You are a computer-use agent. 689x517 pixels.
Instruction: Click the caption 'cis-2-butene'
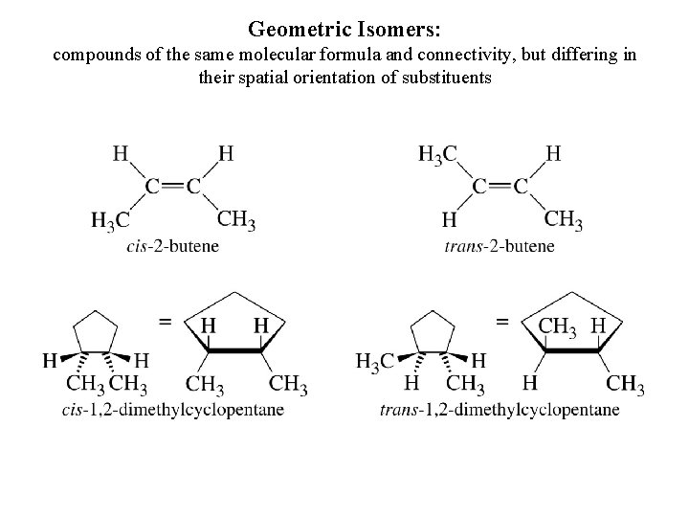[x=172, y=246]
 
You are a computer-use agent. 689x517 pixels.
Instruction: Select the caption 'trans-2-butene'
[x=500, y=246]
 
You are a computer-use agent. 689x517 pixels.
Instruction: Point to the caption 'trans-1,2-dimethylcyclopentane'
[x=499, y=410]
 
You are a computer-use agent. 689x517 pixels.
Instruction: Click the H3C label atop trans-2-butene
[x=438, y=152]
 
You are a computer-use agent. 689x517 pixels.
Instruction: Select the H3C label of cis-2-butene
[x=110, y=221]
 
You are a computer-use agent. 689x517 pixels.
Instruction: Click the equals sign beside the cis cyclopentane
[x=166, y=323]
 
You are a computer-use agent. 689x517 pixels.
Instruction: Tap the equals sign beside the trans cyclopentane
[x=501, y=323]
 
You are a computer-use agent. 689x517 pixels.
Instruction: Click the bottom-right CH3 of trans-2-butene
[x=564, y=219]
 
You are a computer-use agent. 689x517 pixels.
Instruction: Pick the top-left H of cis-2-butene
[x=122, y=152]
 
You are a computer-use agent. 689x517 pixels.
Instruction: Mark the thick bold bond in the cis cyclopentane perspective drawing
[x=233, y=351]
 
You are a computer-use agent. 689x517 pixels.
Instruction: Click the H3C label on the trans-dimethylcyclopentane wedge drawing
[x=374, y=361]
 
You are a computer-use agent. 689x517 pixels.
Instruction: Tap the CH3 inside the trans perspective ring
[x=556, y=326]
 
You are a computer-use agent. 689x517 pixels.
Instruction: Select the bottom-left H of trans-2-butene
[x=449, y=221]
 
